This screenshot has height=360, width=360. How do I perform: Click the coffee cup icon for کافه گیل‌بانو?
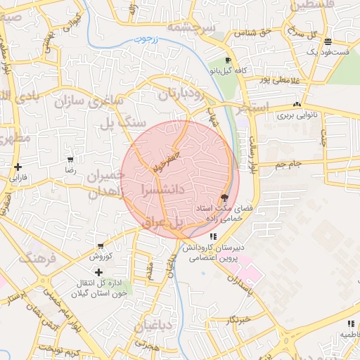pos(228,60)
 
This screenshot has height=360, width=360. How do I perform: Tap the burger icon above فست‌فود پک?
pos(328,42)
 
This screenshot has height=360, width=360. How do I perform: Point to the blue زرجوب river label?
pos(148,41)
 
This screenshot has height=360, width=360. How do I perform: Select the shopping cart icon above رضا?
pos(70,160)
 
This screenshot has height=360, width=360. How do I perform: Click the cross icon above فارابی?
pos(18,167)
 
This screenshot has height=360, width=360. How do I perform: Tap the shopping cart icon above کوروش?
pos(102,246)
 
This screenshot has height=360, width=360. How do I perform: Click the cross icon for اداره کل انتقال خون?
pos(98,272)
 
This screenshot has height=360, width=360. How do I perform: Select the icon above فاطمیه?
pos(349,323)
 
